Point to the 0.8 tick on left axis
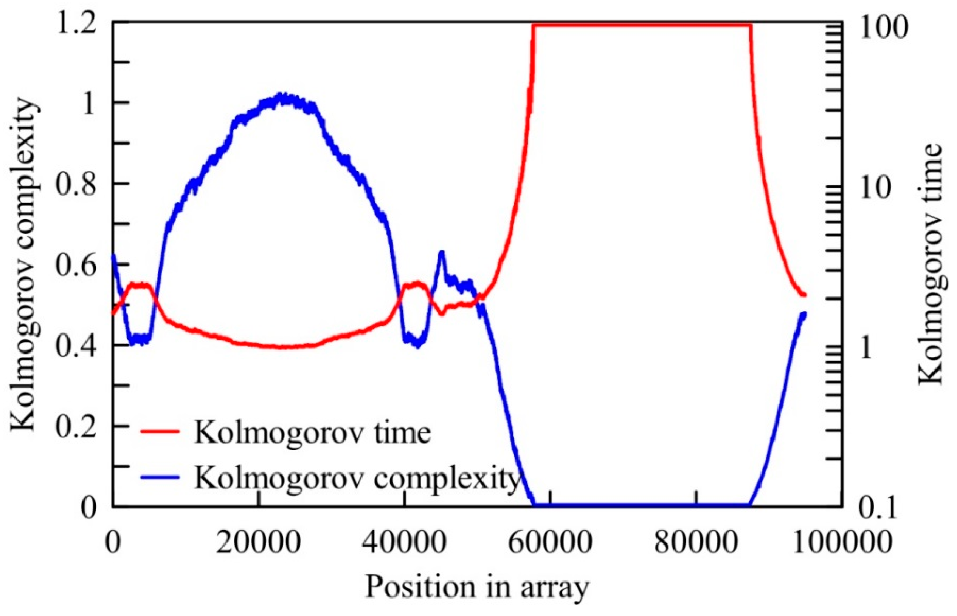tap(76, 185)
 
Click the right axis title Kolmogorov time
tap(933, 264)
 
